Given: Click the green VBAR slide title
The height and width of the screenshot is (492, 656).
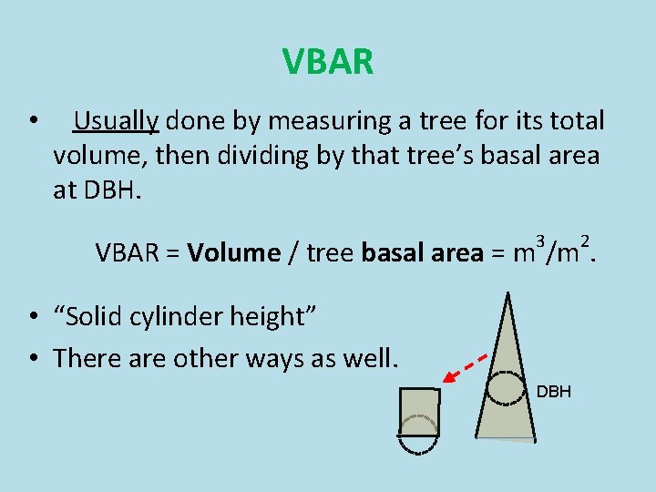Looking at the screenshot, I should point(328,62).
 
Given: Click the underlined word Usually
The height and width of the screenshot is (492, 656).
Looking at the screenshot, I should point(117,121).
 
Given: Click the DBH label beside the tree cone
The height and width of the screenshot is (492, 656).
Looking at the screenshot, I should point(553,392).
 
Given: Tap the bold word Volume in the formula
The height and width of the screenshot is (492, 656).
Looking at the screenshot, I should point(234,253).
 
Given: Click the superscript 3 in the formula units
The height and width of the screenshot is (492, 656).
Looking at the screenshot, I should point(540,241).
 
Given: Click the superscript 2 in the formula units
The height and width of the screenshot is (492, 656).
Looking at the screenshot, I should point(586,241).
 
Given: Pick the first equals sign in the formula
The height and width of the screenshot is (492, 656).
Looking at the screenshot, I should point(172,254).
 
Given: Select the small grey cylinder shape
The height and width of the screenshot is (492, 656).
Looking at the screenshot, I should point(419,415).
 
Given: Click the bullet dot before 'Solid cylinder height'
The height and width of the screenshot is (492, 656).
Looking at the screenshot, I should point(32,317).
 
